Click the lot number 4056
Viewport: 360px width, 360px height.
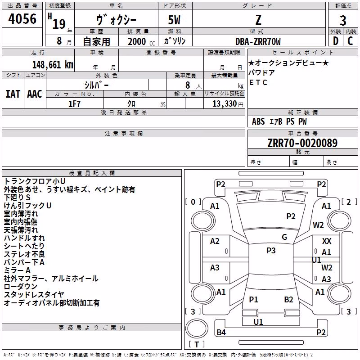[x=22, y=19]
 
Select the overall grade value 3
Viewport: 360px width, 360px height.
[x=343, y=21]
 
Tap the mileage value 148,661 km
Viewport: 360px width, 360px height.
[x=53, y=65]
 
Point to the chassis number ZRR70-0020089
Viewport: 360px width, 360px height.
[x=302, y=143]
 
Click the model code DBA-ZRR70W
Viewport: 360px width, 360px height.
[x=258, y=41]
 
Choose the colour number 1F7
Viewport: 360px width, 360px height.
[x=74, y=104]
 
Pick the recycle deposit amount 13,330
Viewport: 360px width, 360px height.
[x=224, y=103]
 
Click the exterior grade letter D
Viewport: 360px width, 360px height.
[x=335, y=41]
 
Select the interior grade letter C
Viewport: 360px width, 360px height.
[x=350, y=41]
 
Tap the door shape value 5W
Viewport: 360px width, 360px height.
[x=174, y=20]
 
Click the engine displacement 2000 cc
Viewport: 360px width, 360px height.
[x=141, y=42]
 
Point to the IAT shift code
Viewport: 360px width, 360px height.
[x=13, y=94]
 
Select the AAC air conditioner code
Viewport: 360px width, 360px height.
[x=35, y=94]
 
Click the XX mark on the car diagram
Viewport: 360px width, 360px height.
[x=327, y=241]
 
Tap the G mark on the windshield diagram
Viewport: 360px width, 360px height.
[x=284, y=237]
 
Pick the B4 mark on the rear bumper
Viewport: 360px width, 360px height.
[x=221, y=332]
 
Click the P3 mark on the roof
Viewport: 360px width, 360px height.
[x=271, y=250]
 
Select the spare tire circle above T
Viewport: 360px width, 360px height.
[x=197, y=328]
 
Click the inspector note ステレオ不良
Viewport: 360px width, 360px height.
[x=24, y=254]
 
